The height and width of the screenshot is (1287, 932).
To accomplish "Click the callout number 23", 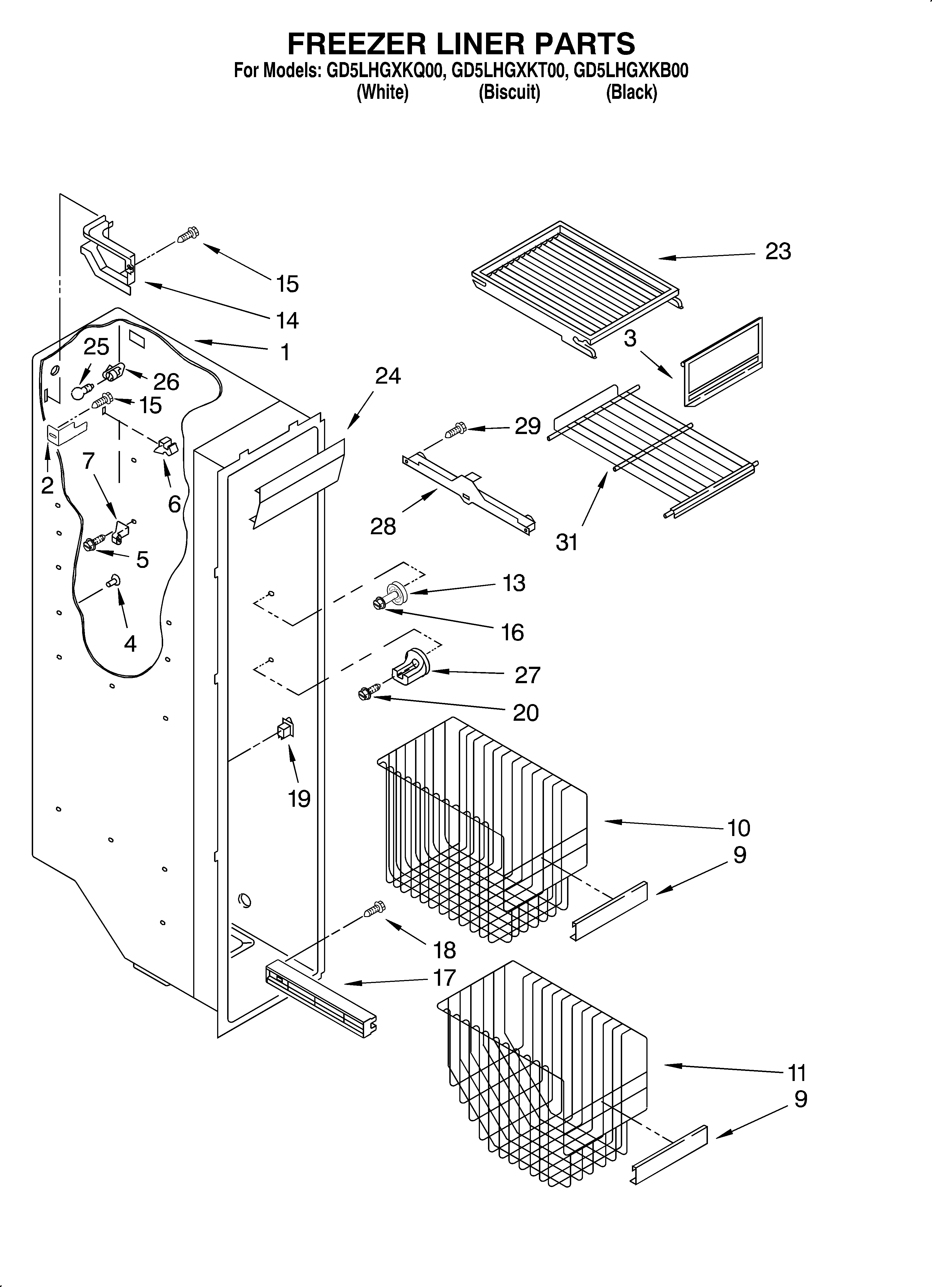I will tap(778, 251).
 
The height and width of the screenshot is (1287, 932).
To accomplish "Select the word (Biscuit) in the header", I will tap(509, 92).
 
